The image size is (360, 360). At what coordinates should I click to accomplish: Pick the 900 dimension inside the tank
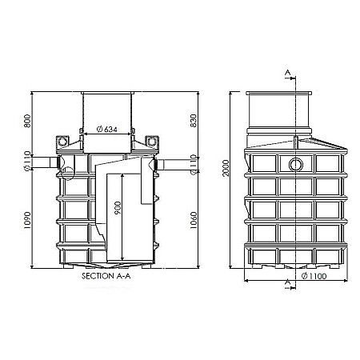(x=119, y=212)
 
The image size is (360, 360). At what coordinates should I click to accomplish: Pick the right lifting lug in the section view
(x=151, y=144)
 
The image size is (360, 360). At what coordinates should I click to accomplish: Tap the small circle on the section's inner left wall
(x=68, y=172)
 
